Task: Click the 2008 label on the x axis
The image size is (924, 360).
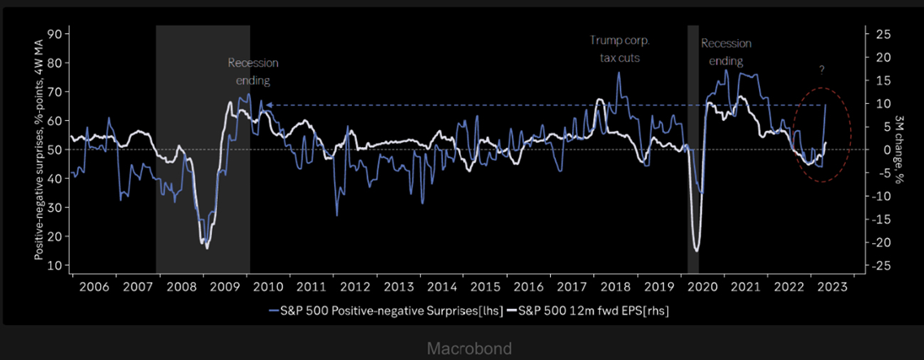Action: click(180, 288)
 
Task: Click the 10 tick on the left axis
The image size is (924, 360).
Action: click(56, 265)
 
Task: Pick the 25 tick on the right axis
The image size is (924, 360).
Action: click(881, 34)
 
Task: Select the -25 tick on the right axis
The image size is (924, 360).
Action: click(881, 266)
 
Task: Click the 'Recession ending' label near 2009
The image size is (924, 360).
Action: click(253, 72)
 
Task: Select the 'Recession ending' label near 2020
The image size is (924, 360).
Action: click(726, 51)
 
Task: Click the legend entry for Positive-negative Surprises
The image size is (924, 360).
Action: click(385, 310)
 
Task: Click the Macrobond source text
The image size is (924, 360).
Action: click(469, 349)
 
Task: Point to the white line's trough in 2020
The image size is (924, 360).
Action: click(696, 249)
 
